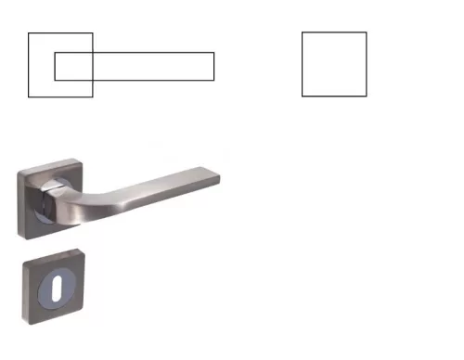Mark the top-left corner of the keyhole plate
tap(25, 263)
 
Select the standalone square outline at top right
tap(334, 64)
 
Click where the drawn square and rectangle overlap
tap(74, 66)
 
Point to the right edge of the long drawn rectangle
tap(214, 66)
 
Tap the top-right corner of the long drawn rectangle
tap(214, 53)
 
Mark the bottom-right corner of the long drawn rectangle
tap(214, 80)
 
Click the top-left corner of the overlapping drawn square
tap(29, 33)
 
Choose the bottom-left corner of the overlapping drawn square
tap(29, 96)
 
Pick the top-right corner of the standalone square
tap(367, 32)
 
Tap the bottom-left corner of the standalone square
tap(303, 96)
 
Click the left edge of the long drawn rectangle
tap(55, 66)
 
